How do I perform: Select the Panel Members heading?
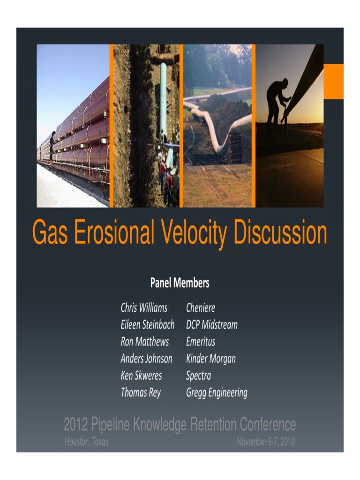click(x=180, y=283)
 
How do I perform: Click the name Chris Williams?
click(x=144, y=308)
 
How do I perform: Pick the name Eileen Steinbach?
click(x=147, y=325)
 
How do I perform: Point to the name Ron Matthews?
click(x=144, y=342)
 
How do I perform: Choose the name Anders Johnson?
click(x=146, y=359)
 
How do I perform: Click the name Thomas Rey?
click(x=141, y=392)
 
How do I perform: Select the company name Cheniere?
click(x=201, y=308)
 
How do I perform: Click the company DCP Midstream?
click(x=212, y=325)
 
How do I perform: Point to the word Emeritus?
click(x=201, y=342)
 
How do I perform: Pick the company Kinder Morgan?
click(x=211, y=359)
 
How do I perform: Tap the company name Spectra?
click(x=199, y=375)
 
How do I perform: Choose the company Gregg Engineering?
click(x=217, y=392)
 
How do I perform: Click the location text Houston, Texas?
click(x=87, y=442)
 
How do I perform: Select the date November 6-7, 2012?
click(x=266, y=442)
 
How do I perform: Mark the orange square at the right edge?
click(x=333, y=81)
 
